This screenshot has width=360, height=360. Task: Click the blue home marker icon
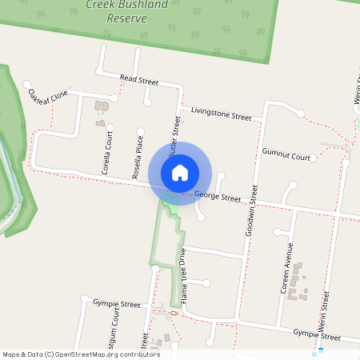coord(180,173)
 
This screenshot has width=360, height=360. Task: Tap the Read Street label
coord(139,80)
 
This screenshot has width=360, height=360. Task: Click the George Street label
coord(217,196)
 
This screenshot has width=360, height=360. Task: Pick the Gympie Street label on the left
coord(116,305)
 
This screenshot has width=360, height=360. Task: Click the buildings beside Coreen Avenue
coord(298,282)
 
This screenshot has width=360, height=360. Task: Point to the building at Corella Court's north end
coord(102,106)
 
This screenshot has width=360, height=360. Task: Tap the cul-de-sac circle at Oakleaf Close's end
coord(28,84)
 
